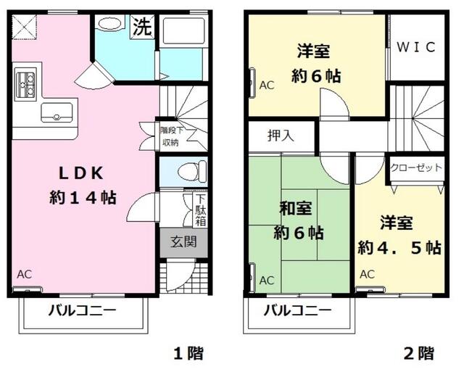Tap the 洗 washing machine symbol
point(141,27)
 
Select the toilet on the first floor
point(184,172)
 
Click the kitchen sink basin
point(57,112)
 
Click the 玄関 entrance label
point(183,242)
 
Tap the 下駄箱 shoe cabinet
point(199,209)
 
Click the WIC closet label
point(416,47)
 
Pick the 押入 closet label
point(281,134)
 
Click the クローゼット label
point(415,167)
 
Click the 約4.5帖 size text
point(399,247)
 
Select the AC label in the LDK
point(25,274)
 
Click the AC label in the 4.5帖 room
point(367,274)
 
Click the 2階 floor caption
point(418,354)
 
